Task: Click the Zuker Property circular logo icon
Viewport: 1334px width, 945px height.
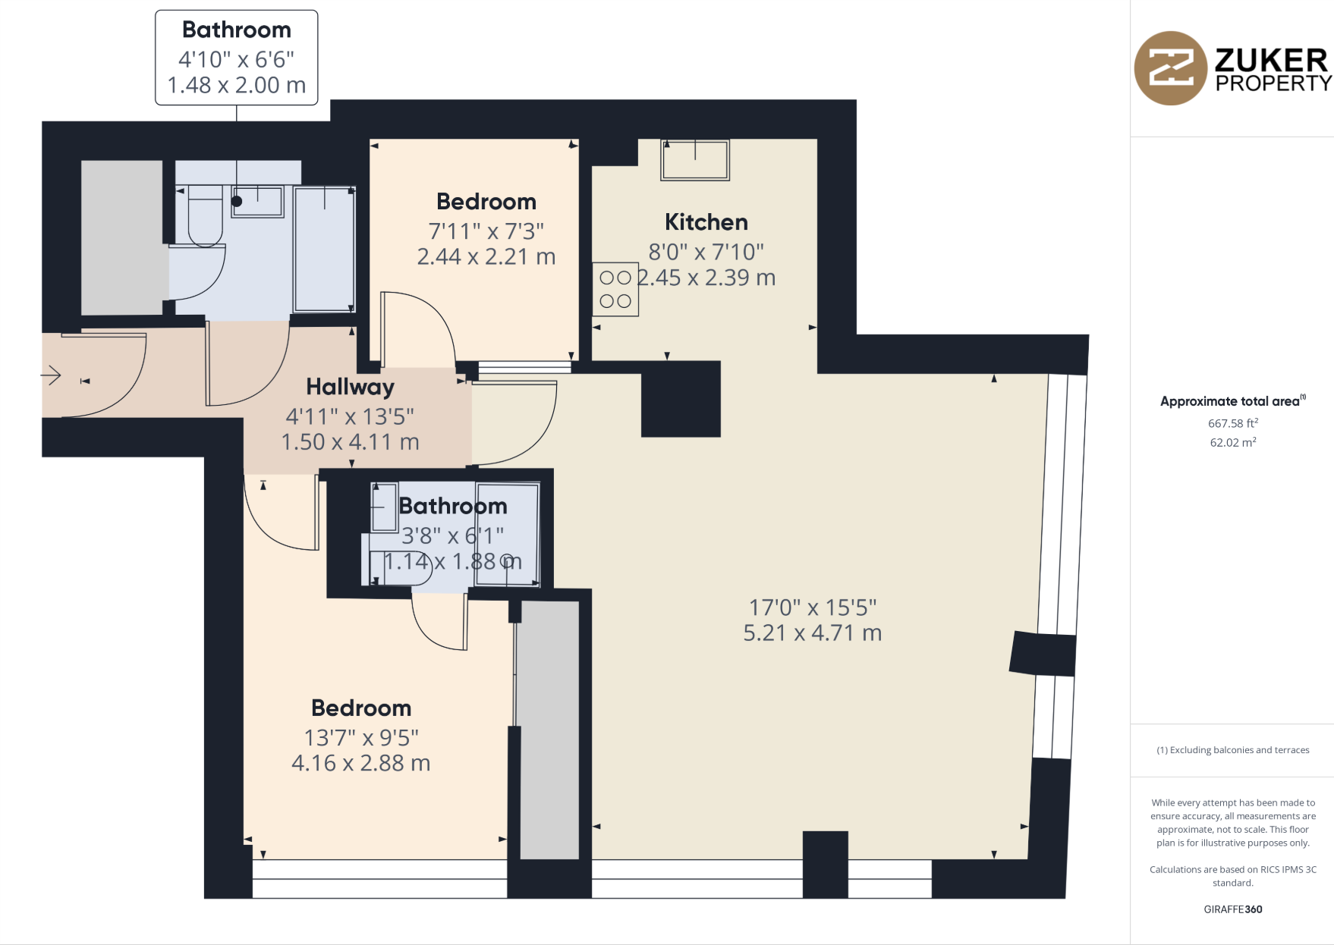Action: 1170,68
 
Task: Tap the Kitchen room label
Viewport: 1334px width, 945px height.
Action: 706,222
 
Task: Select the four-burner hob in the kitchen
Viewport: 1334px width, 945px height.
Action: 615,290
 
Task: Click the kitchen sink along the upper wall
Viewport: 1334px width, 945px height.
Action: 695,160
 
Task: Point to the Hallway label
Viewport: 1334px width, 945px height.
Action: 350,387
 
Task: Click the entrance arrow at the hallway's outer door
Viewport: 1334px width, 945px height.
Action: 51,375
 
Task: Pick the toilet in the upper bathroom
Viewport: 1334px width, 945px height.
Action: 205,216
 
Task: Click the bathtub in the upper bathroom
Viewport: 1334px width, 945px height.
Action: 324,250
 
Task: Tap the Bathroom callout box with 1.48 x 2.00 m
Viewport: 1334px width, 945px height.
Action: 236,58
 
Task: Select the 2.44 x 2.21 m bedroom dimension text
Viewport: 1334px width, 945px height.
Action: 486,257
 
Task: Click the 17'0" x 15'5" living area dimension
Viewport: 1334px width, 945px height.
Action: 812,607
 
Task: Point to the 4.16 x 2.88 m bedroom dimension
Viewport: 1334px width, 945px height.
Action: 360,763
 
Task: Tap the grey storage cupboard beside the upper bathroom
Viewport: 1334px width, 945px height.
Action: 121,237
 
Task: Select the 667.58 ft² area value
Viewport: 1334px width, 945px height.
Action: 1232,423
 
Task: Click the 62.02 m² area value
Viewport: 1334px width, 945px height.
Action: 1232,442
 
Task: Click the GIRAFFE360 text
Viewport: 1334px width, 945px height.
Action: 1232,909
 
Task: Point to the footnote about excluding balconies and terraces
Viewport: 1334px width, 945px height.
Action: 1232,750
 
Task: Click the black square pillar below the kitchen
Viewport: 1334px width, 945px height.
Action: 681,399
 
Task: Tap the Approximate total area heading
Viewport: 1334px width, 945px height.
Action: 1231,401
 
